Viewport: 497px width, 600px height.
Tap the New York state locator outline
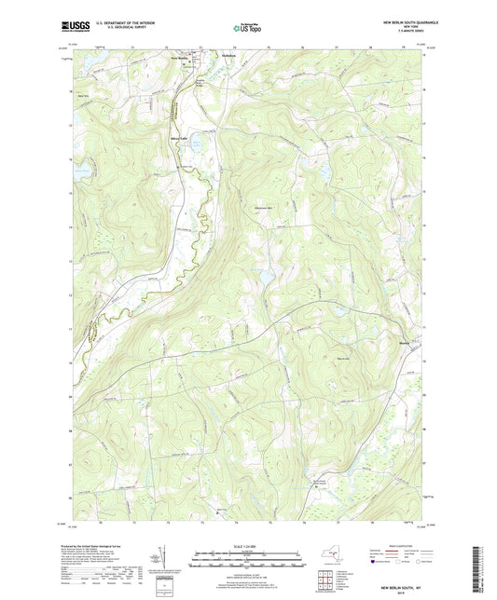325,561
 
